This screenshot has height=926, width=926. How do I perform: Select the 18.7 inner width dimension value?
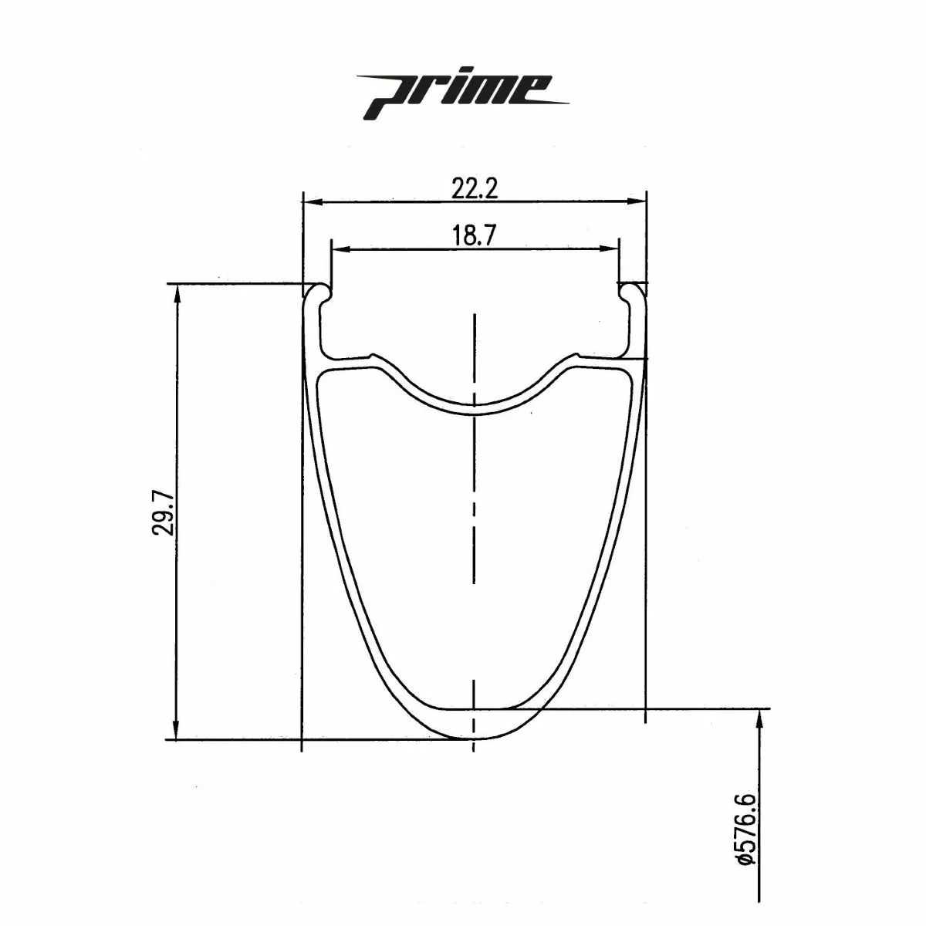[475, 236]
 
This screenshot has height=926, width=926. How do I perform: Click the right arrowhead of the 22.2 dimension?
[640, 202]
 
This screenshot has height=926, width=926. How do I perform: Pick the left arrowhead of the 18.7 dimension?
[336, 249]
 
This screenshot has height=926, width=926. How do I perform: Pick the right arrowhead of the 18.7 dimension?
[613, 249]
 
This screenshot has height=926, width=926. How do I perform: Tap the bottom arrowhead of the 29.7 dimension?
[177, 733]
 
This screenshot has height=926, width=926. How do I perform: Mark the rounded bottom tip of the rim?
[474, 739]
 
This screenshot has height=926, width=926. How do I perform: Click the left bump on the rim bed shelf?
[373, 357]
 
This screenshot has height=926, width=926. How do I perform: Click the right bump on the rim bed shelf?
[574, 357]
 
